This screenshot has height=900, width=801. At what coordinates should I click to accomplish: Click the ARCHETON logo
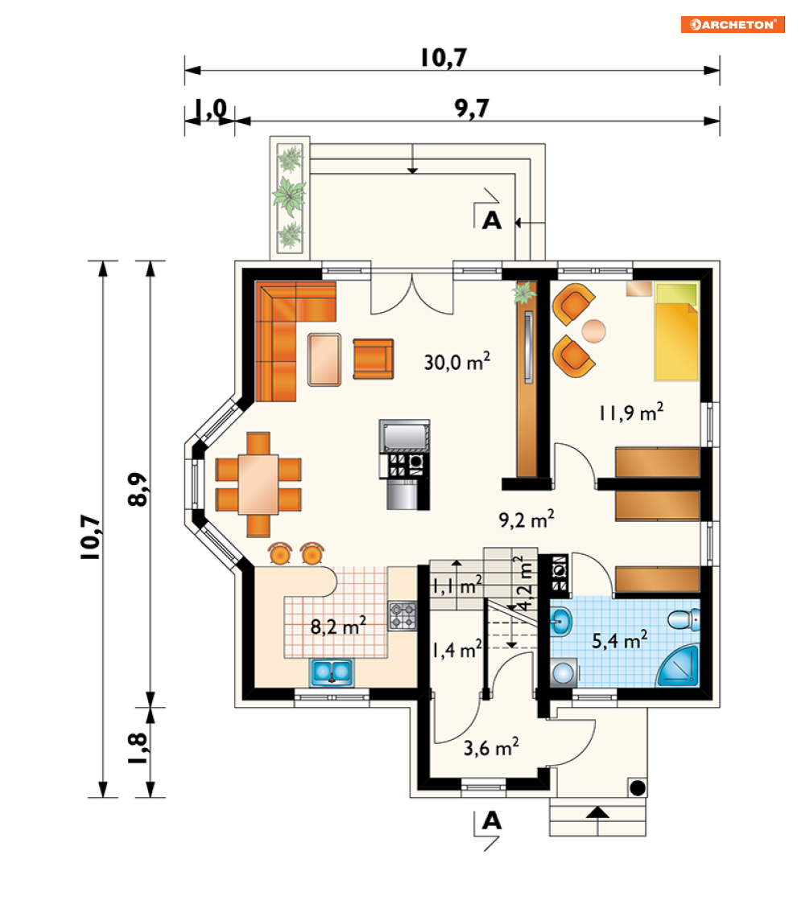(x=733, y=25)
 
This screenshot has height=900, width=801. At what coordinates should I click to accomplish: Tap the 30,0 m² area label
(x=456, y=362)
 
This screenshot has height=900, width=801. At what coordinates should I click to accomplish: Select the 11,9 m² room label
(x=631, y=412)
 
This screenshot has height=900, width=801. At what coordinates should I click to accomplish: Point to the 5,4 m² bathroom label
(x=619, y=639)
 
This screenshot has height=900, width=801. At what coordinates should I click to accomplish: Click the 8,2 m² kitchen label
(x=338, y=626)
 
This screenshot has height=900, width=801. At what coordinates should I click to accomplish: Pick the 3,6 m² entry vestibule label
(x=491, y=747)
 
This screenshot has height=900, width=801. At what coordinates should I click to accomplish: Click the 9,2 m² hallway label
(x=526, y=519)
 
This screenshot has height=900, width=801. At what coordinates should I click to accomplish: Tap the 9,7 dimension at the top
(x=471, y=107)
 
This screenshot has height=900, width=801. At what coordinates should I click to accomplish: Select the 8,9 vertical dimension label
(x=138, y=489)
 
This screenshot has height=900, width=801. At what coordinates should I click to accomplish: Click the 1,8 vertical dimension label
(x=138, y=748)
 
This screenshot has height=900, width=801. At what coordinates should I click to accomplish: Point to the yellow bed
(x=676, y=331)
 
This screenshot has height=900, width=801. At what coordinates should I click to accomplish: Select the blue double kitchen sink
(x=332, y=672)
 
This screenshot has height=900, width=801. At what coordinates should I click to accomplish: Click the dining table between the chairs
(x=258, y=484)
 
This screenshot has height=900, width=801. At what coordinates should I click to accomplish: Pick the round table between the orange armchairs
(x=593, y=331)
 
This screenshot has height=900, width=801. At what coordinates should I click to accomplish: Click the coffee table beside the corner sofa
(x=324, y=360)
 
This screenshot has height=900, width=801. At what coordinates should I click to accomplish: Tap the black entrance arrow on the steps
(x=597, y=812)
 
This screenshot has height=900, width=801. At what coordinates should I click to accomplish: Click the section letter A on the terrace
(x=492, y=220)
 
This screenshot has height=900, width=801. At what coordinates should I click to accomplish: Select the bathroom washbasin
(x=561, y=621)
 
